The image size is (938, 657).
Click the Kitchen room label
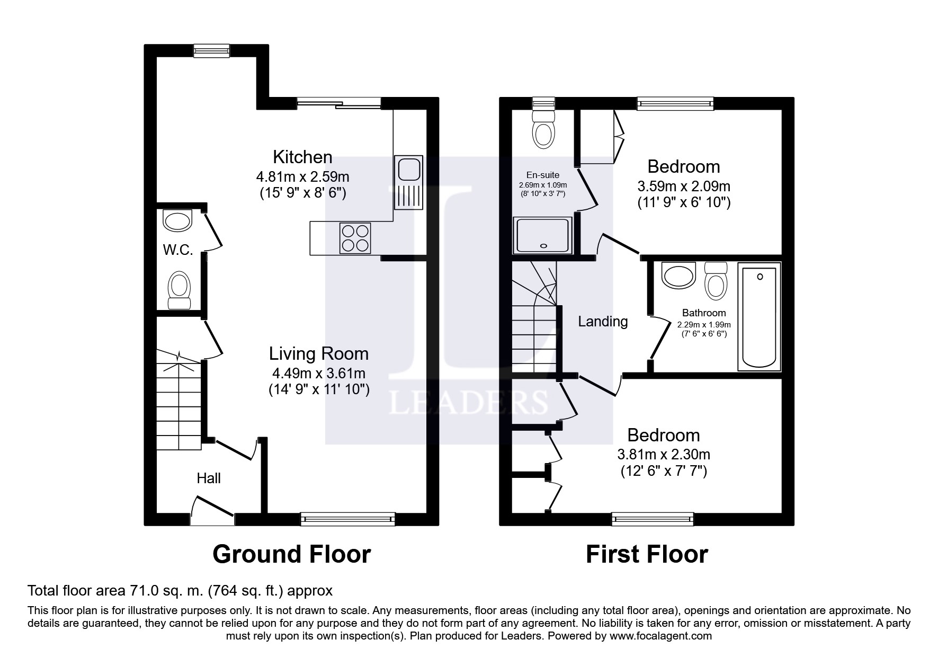coord(302,157)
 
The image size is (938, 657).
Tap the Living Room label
coord(318,353)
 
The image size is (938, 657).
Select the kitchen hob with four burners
coord(355,238)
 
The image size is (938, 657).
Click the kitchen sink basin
coord(409,170)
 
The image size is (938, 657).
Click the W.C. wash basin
coord(177,220)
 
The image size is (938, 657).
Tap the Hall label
coord(209,478)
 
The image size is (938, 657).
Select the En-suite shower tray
coord(543,235)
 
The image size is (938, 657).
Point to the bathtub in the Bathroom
coord(760,317)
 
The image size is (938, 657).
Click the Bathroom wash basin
coord(678,276)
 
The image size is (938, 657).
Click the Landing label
coord(603,322)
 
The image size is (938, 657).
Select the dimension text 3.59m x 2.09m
coord(684,187)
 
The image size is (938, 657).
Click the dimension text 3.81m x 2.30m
coord(664,455)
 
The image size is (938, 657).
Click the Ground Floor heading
coord(292,554)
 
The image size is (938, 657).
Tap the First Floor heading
coord(647,554)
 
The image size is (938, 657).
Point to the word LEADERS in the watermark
coord(468,402)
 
